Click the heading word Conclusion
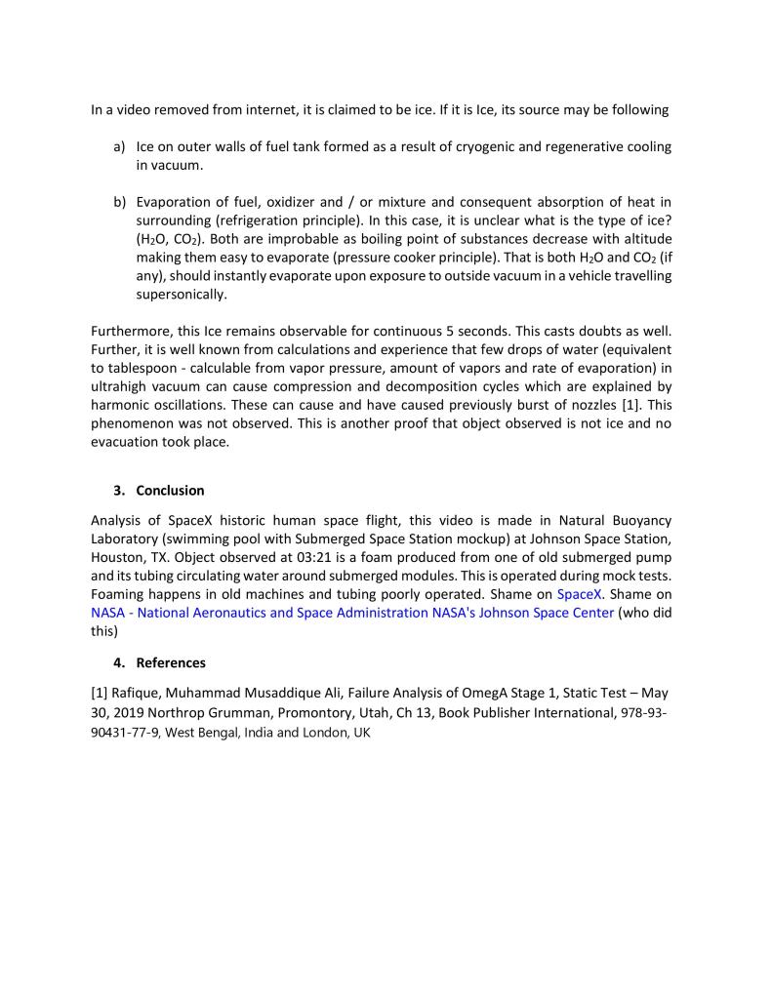170,490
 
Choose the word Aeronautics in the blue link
212,612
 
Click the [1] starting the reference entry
99,693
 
